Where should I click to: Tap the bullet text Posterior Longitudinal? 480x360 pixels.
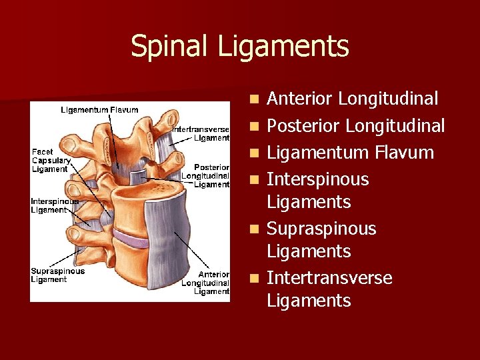pos(355,126)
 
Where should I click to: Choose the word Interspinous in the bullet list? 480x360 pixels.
pos(317,179)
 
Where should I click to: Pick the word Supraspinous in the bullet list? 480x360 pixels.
pos(321,229)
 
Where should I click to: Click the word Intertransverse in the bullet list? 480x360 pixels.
pos(329,278)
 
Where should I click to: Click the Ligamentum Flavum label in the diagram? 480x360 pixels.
pos(99,110)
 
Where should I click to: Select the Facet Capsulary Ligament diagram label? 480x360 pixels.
pos(51,161)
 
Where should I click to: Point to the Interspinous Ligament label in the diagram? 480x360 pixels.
pos(54,205)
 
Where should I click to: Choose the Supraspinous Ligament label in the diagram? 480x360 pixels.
pos(57,275)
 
